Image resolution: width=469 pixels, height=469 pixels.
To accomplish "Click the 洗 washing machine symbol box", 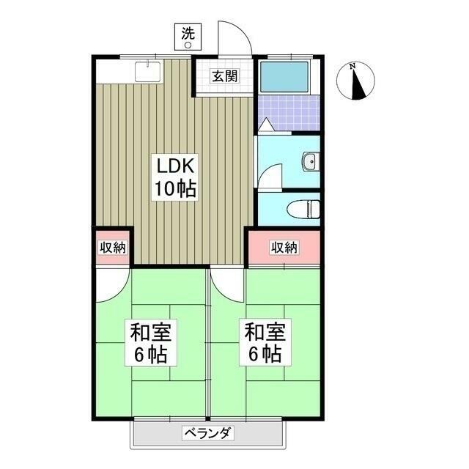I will click(x=188, y=37).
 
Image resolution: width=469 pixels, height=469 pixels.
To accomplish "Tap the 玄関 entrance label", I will click(x=224, y=75).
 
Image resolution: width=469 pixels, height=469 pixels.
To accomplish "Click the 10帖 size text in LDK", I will click(x=174, y=189).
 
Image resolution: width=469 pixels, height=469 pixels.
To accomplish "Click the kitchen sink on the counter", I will click(x=149, y=72).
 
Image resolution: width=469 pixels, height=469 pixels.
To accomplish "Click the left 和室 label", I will click(x=151, y=333).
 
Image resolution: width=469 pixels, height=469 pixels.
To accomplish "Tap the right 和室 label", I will click(x=264, y=333).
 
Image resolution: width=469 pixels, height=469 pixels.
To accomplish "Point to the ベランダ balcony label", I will click(x=206, y=432).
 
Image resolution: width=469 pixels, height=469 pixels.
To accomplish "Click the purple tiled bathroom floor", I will click(x=289, y=112).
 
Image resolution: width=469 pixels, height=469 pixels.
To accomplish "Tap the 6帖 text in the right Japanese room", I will click(x=264, y=355).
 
